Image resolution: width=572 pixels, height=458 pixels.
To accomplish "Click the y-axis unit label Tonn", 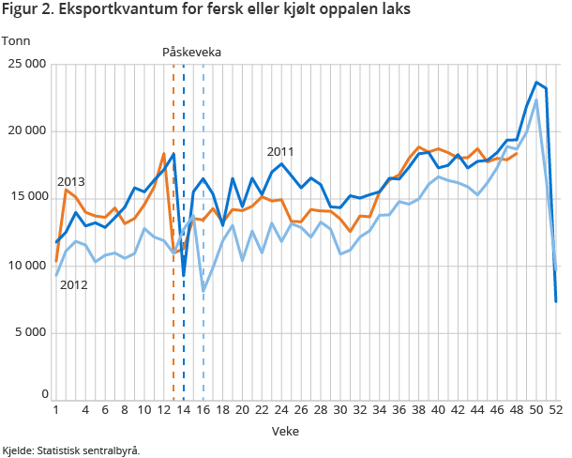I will click(x=17, y=40).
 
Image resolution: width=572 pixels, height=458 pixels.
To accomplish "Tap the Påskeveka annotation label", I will click(x=191, y=52).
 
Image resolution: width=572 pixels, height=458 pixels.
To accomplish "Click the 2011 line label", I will click(x=280, y=151).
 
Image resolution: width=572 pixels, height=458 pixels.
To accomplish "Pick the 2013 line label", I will click(x=71, y=181).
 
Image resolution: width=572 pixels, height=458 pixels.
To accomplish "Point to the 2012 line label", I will click(x=73, y=283).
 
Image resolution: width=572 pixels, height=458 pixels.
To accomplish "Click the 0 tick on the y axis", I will click(x=43, y=394).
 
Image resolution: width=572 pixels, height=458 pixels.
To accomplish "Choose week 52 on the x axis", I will click(x=555, y=410).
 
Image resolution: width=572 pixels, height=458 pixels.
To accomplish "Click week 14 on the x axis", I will click(x=184, y=410).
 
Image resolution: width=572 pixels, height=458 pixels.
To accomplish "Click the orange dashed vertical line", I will click(x=173, y=310).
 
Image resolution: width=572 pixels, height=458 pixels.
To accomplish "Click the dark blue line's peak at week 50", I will click(x=536, y=83).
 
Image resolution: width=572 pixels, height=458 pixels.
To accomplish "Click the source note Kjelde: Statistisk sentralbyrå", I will click(x=71, y=450).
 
